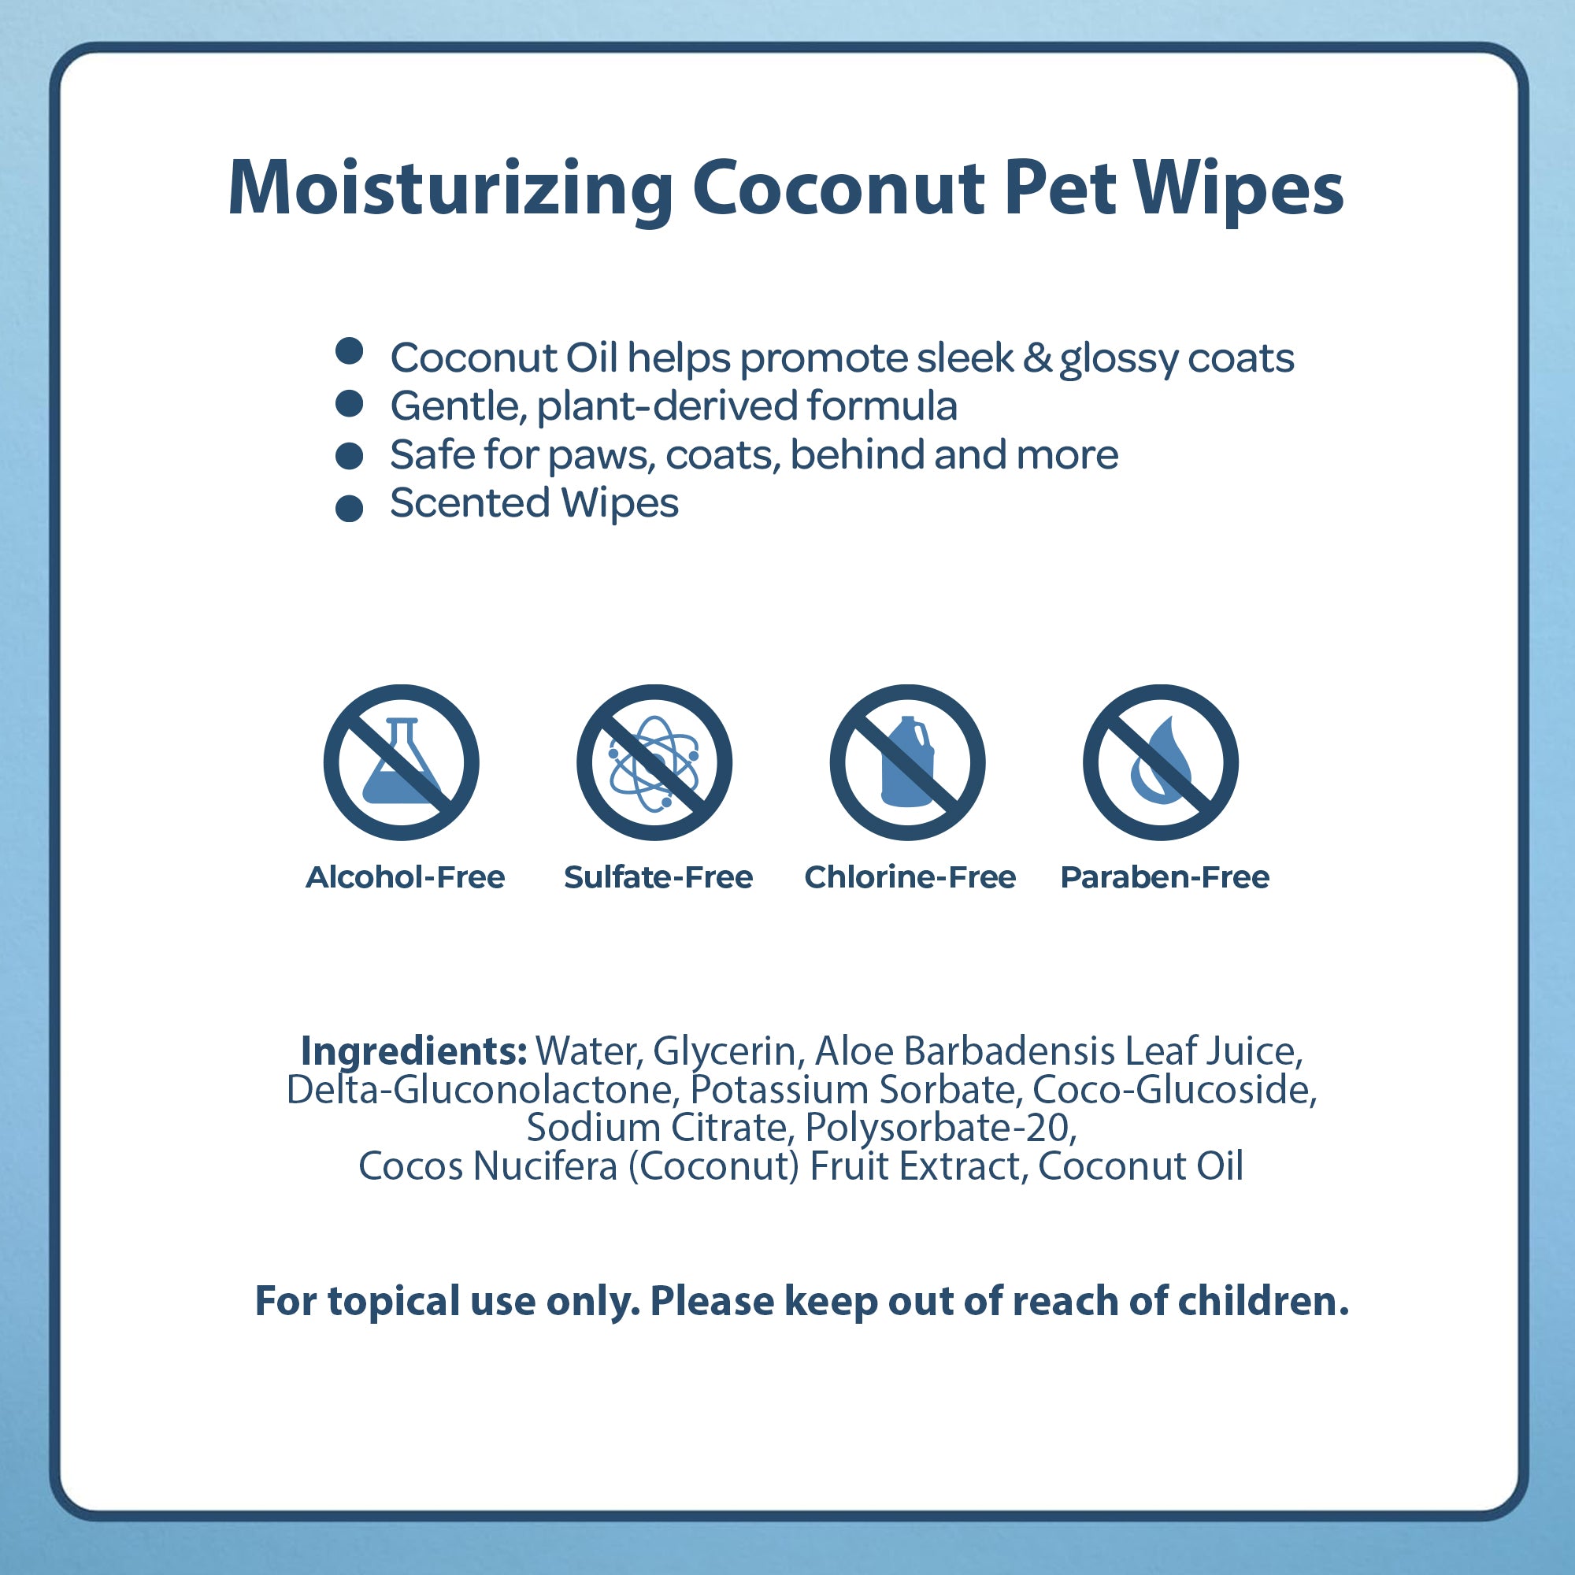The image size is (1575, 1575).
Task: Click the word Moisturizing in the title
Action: pos(450,189)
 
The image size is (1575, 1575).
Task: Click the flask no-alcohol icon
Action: pos(401,762)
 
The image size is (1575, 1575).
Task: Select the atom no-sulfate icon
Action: pos(654,762)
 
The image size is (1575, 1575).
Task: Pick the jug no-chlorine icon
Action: pos(907,762)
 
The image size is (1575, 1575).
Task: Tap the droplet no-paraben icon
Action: pos(1161,762)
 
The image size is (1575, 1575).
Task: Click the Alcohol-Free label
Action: pos(405,877)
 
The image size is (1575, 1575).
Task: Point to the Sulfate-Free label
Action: pos(658,877)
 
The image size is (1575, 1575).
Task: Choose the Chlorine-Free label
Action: pos(910,877)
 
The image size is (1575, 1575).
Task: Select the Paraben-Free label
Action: pos(1165,877)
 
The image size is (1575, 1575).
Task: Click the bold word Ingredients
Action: pos(414,1051)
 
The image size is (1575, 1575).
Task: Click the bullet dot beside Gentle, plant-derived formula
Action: pos(349,403)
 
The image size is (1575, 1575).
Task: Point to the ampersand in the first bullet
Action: pos(1037,358)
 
